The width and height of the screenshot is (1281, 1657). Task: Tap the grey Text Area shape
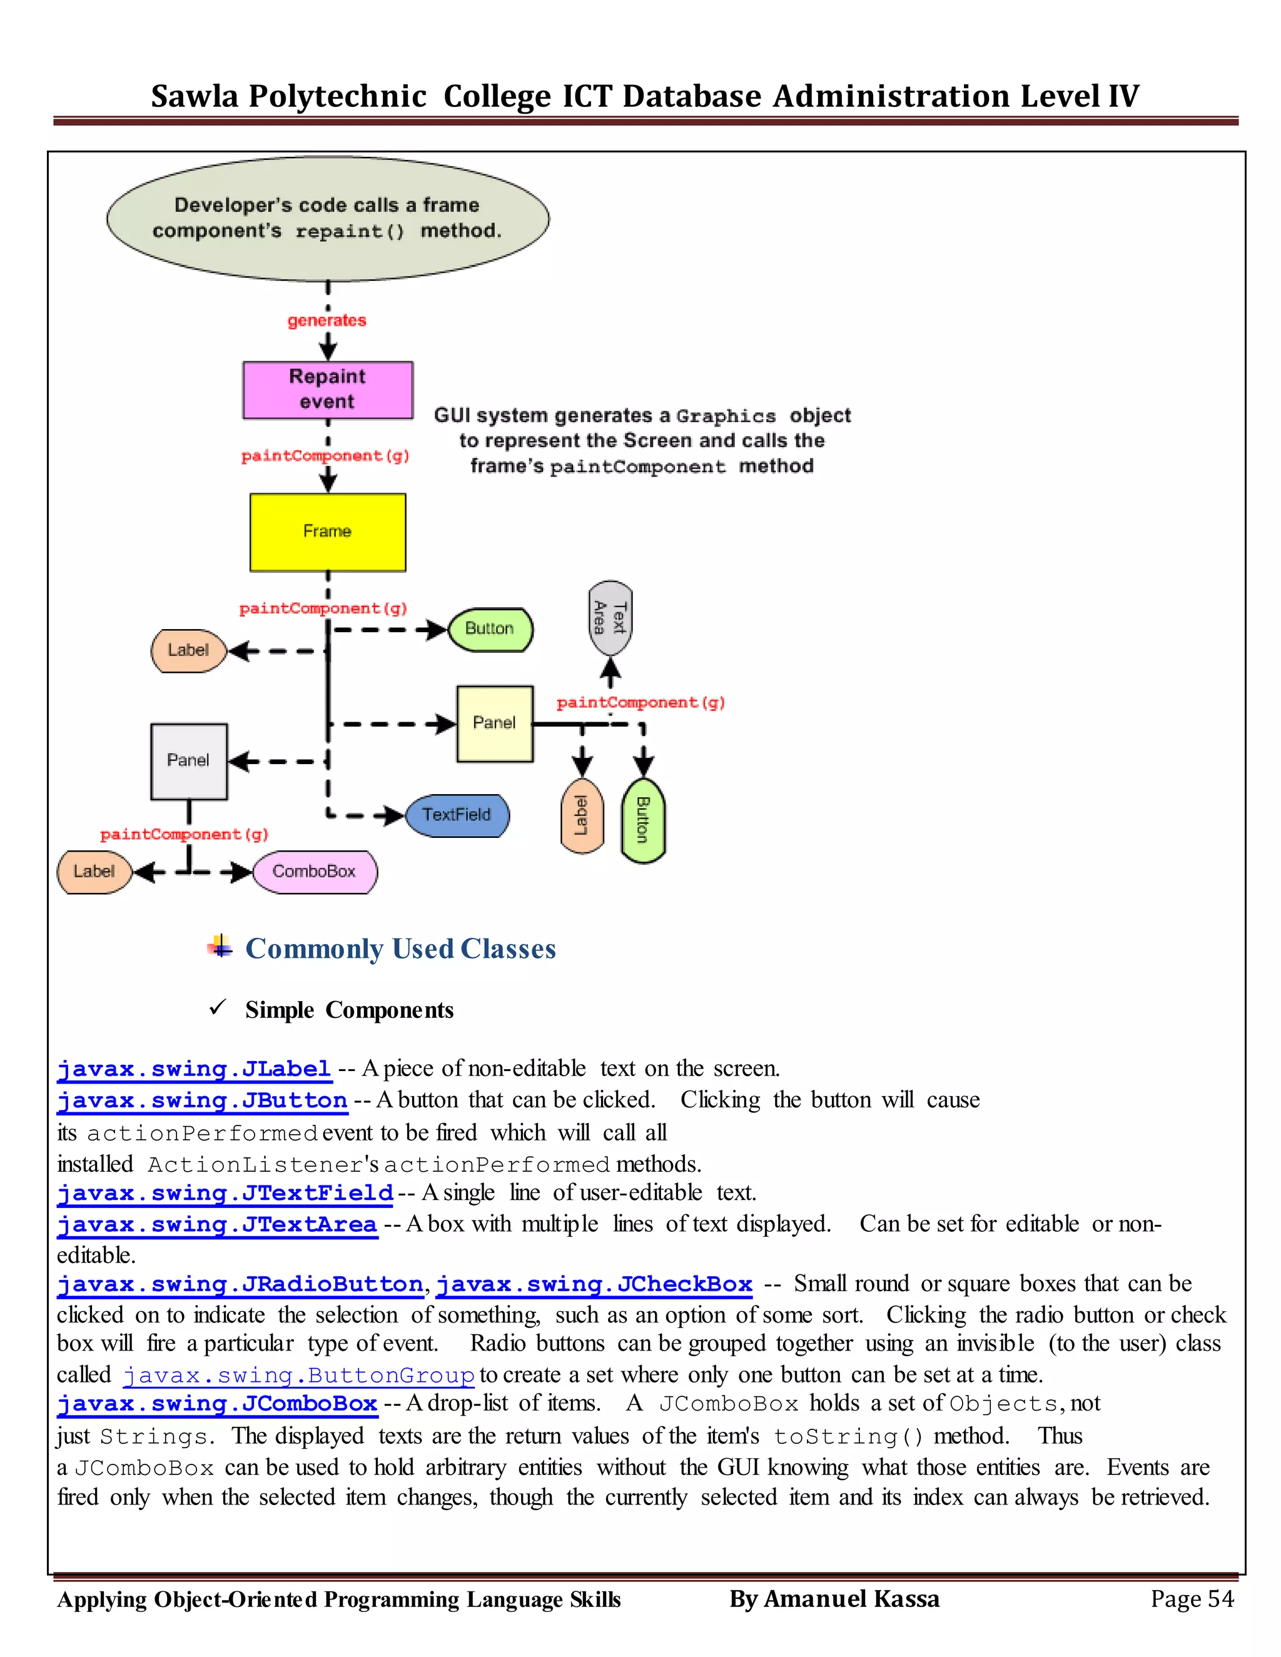click(609, 618)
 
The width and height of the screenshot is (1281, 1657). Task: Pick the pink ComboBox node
click(314, 872)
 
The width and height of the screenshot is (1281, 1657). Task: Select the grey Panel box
click(189, 761)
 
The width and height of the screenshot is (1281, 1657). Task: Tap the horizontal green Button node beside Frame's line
click(490, 629)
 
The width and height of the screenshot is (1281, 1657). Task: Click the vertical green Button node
click(643, 821)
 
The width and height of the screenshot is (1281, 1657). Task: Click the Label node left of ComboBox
click(94, 872)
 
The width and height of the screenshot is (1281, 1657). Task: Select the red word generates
click(327, 321)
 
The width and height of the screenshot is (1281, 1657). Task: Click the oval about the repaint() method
click(328, 218)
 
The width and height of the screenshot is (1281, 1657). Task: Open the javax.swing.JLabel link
click(195, 1069)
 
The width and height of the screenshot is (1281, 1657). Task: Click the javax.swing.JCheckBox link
click(594, 1284)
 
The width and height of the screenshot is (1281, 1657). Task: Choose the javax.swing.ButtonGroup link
click(298, 1375)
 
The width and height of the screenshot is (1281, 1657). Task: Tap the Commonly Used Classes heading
click(400, 949)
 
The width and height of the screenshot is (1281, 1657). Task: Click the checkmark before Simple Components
click(218, 1007)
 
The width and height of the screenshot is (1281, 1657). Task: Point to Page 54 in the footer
click(1192, 1599)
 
